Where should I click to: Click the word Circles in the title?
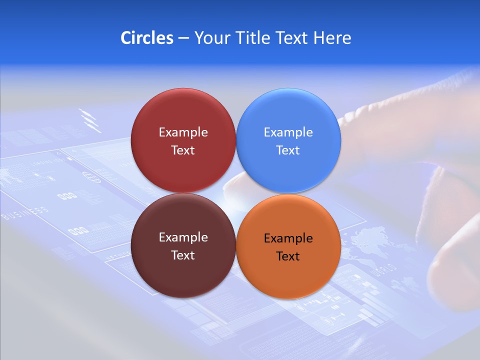pos(147,38)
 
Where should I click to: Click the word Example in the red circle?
pos(183,132)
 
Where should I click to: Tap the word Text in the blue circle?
pos(288,150)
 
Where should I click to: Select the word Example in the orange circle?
pos(288,238)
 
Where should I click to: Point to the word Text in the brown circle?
pos(183,255)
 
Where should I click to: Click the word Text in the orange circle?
pos(288,256)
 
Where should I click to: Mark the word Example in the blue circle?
pos(288,132)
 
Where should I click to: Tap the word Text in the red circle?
pos(183,150)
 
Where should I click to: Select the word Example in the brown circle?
pos(183,237)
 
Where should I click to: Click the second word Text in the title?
pos(292,38)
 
